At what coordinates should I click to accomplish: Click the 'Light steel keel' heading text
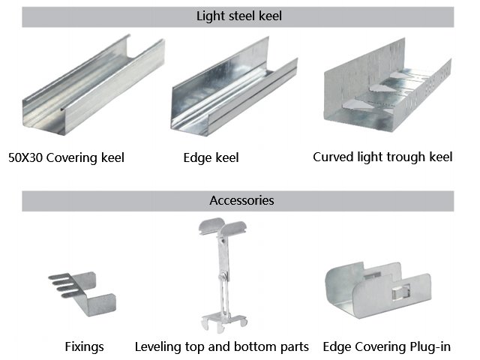[x=238, y=16]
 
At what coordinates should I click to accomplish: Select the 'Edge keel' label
[x=211, y=157]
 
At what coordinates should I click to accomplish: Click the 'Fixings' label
[x=83, y=347]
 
